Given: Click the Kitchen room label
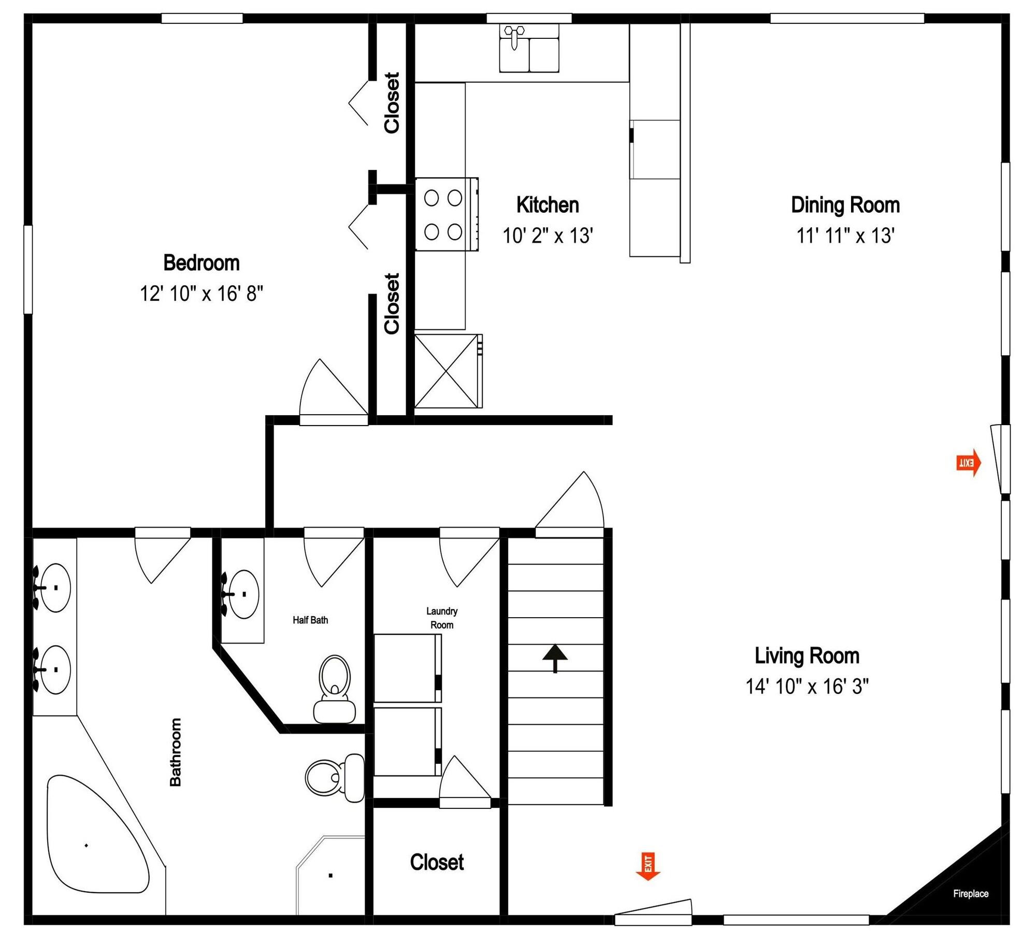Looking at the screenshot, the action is coord(548,205).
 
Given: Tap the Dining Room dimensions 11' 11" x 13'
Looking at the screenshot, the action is coord(845,236).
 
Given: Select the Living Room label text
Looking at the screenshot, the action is coord(807,656).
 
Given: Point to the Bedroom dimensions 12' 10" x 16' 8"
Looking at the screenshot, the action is coord(202,294).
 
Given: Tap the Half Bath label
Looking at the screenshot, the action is coord(310,620).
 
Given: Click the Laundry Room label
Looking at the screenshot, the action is coord(442,618).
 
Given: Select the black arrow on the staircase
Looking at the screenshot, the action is coord(555,658).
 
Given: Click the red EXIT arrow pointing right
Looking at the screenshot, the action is coord(968,462).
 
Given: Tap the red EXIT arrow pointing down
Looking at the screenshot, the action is coord(648,866).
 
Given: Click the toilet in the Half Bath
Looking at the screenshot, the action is coord(335,689).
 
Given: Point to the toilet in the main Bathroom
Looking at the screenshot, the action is coord(335,777).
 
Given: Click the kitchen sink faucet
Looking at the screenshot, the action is coord(514,36).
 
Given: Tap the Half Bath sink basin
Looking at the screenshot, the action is coord(243,594).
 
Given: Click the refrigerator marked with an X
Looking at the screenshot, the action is coord(446,371).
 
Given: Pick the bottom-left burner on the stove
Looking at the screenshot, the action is coord(431,232).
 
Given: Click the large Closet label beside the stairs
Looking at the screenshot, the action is coord(437,862).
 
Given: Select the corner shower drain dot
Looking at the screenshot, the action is coord(330,876).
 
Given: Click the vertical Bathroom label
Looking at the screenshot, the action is coord(176,752).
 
